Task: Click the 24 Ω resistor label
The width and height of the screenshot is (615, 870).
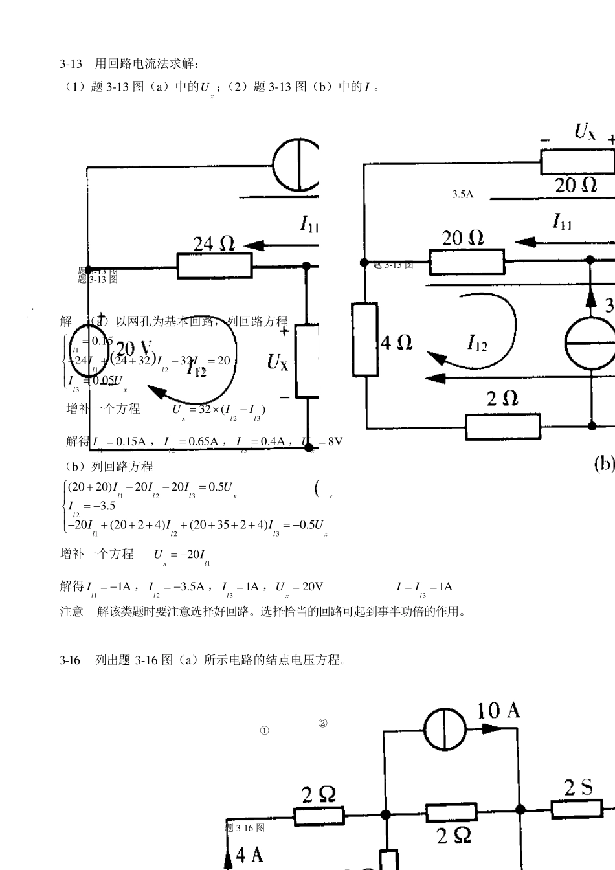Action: [214, 243]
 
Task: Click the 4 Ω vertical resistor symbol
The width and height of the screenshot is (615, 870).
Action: [366, 339]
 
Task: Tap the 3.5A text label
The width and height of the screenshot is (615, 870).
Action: [462, 194]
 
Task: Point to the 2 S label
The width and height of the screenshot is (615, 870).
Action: [578, 788]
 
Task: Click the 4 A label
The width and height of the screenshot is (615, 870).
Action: [249, 855]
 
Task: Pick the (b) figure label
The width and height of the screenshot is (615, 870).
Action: [603, 463]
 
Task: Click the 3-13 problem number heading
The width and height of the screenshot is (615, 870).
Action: [71, 63]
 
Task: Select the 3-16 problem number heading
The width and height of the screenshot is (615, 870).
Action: [70, 660]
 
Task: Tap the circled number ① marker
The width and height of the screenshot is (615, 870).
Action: [264, 730]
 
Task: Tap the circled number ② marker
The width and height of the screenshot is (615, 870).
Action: [322, 723]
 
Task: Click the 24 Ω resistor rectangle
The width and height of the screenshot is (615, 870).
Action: [214, 265]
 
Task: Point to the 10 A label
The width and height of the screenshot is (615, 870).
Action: [498, 711]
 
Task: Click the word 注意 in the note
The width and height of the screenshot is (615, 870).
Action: [71, 611]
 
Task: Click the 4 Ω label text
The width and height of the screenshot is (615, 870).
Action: [397, 342]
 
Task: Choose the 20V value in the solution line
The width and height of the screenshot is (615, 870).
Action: [312, 586]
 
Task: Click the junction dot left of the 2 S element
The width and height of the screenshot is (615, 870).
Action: [520, 809]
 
